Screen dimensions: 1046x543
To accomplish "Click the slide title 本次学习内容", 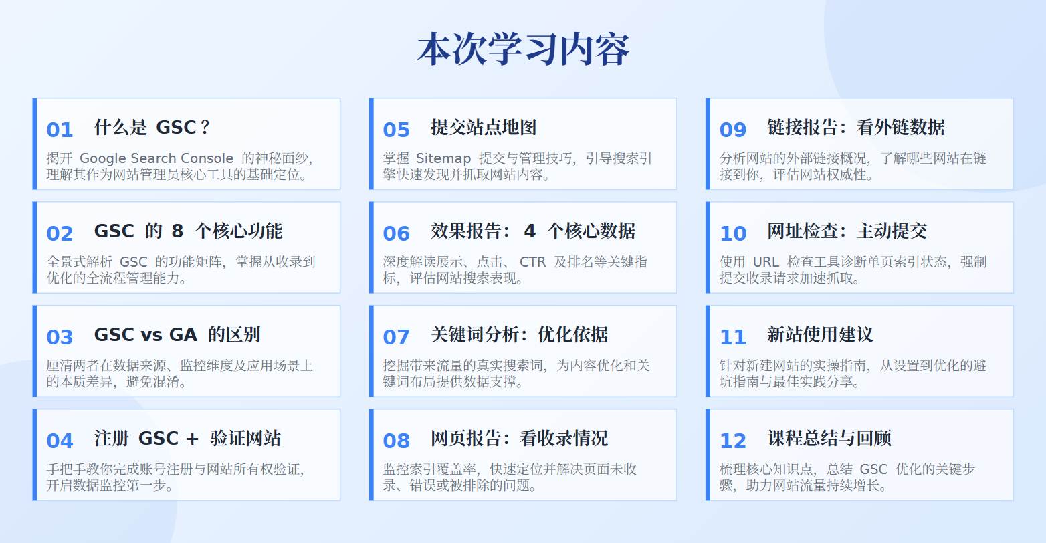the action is coord(523,49).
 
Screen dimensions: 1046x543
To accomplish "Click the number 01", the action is coord(60,130).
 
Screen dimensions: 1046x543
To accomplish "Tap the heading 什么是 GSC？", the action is coord(152,128).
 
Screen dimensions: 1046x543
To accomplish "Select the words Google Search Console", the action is coord(156,158).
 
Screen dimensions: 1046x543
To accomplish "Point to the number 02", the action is coord(60,233).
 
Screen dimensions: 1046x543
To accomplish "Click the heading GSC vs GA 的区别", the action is coord(177,335).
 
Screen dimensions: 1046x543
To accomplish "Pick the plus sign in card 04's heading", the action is coord(192,439).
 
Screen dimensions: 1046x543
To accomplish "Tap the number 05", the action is coord(397,130).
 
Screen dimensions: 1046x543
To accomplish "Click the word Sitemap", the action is coord(443,158).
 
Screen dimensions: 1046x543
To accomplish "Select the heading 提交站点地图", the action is coord(484,128).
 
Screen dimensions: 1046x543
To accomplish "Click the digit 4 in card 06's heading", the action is coord(530,231).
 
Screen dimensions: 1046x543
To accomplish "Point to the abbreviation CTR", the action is coord(533,262).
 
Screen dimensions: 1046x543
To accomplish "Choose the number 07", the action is coord(397,337).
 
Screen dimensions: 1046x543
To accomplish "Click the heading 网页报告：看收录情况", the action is coord(519,439).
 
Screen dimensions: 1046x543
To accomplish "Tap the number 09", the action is coord(733,130).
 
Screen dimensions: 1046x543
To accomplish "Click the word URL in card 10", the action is coord(766,262).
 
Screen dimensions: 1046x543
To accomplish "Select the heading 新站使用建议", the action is coord(820,335).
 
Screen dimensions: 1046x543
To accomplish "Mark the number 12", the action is coord(733,441).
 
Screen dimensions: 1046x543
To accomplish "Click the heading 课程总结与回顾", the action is coord(829,439).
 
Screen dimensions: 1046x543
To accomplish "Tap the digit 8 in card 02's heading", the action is coord(177,231).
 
